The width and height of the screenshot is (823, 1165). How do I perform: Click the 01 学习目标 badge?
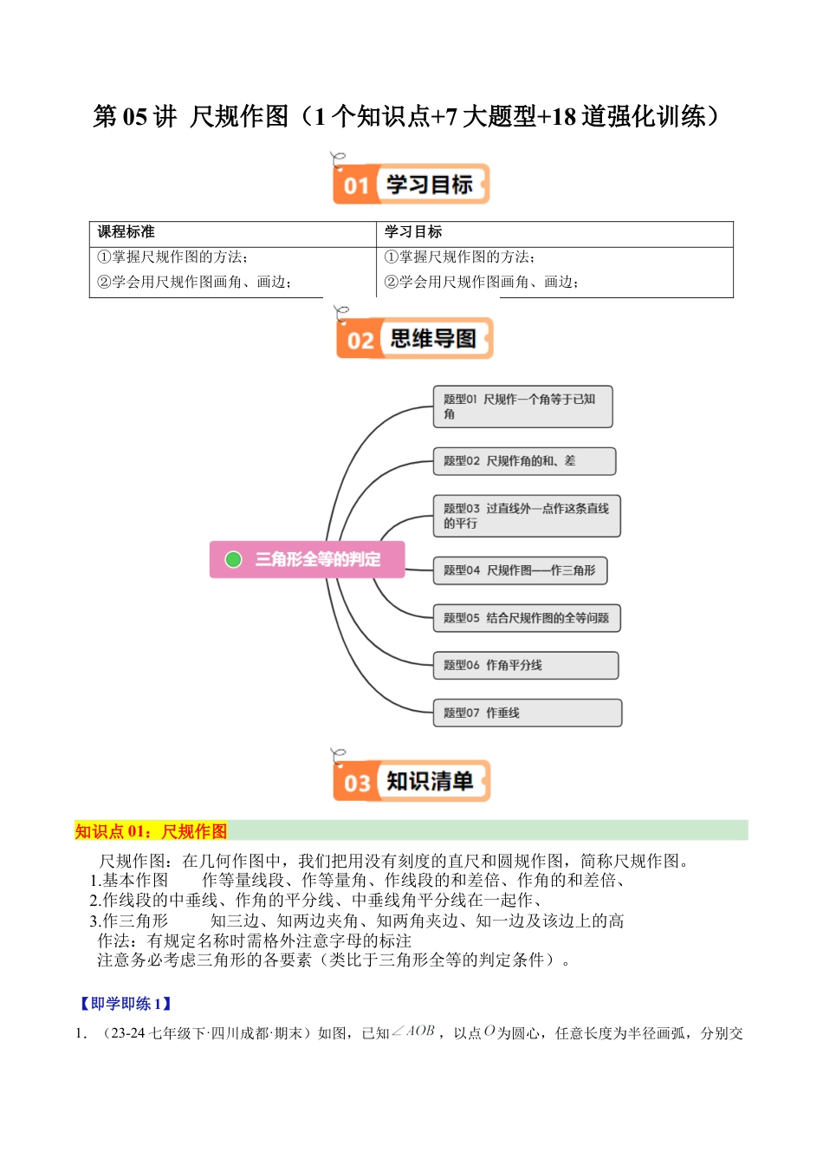(411, 184)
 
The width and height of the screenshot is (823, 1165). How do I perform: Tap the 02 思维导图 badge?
(414, 338)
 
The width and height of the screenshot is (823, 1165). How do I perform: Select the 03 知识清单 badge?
(411, 781)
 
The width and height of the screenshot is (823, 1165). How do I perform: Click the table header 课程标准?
(126, 232)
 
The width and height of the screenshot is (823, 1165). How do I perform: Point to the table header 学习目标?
(413, 232)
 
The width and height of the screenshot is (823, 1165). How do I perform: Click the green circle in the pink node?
(233, 559)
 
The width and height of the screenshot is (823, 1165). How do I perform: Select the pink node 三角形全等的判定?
(308, 559)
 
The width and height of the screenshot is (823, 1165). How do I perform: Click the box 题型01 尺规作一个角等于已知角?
(522, 407)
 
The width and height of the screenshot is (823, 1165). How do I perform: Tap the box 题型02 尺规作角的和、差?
(524, 461)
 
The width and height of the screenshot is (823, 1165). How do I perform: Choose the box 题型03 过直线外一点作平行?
(526, 516)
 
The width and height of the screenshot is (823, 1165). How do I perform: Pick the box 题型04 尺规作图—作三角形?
(520, 570)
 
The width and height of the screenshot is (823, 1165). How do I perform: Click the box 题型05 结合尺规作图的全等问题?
(527, 618)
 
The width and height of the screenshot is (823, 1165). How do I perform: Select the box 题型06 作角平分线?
(525, 665)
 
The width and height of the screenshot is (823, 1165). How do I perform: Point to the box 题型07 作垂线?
(527, 713)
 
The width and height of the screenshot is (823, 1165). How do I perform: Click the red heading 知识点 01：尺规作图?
(151, 831)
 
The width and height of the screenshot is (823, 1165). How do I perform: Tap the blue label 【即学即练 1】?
(126, 1004)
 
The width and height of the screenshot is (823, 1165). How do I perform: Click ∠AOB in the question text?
(414, 1032)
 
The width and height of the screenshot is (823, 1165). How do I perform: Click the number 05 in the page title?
(134, 116)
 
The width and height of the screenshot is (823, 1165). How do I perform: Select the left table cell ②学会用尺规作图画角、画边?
(194, 282)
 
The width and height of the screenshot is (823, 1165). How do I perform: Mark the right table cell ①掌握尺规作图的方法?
(459, 257)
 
